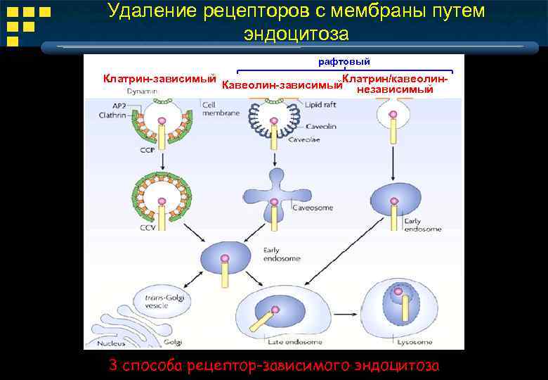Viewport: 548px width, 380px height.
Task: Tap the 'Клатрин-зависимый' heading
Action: coord(159,78)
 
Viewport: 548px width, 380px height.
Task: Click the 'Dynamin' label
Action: coord(143,91)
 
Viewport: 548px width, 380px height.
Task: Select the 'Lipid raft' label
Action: coord(321,104)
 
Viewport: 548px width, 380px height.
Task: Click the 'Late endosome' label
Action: coord(295,342)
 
